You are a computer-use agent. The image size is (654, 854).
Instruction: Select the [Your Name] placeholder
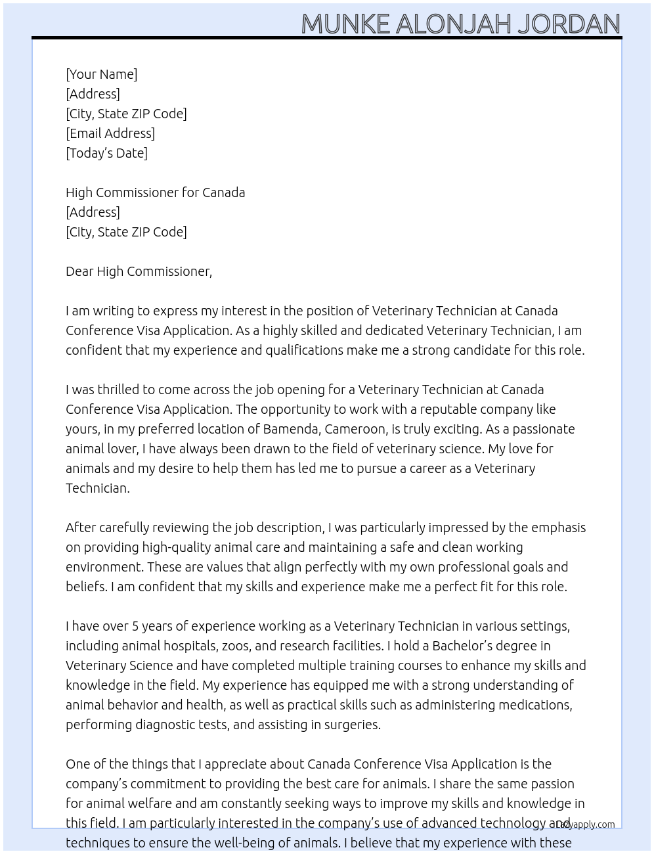(x=101, y=74)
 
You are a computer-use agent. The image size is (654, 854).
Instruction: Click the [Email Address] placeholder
(x=110, y=133)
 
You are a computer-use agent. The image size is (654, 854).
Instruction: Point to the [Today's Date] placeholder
(x=106, y=153)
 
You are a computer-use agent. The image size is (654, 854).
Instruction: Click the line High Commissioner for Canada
(x=155, y=192)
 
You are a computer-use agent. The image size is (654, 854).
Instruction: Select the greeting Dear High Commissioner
(x=139, y=271)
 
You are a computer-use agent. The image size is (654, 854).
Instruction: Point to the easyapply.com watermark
(x=584, y=824)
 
